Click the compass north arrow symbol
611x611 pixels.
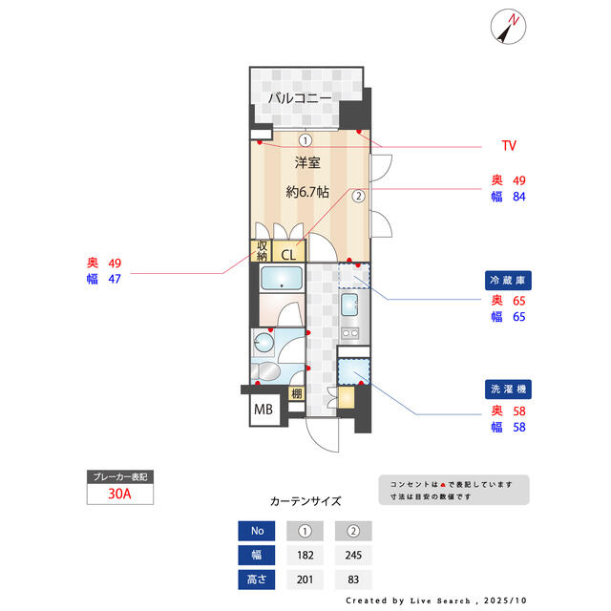tap(507, 28)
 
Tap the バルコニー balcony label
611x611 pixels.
tap(299, 97)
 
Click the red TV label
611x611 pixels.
tap(509, 146)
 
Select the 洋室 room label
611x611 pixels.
tap(306, 162)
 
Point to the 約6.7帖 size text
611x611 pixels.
tap(307, 191)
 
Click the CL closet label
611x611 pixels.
tap(288, 254)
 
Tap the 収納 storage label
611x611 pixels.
tap(262, 250)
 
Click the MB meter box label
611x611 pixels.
tap(263, 411)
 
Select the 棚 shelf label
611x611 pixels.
tap(297, 394)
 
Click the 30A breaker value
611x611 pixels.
tap(118, 495)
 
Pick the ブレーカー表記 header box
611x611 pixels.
tap(118, 476)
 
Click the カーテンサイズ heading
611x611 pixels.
tap(305, 501)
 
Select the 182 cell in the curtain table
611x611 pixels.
tap(305, 556)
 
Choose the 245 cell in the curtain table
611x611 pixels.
tap(353, 556)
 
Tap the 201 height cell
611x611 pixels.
tap(305, 579)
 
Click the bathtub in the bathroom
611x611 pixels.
tap(281, 279)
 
